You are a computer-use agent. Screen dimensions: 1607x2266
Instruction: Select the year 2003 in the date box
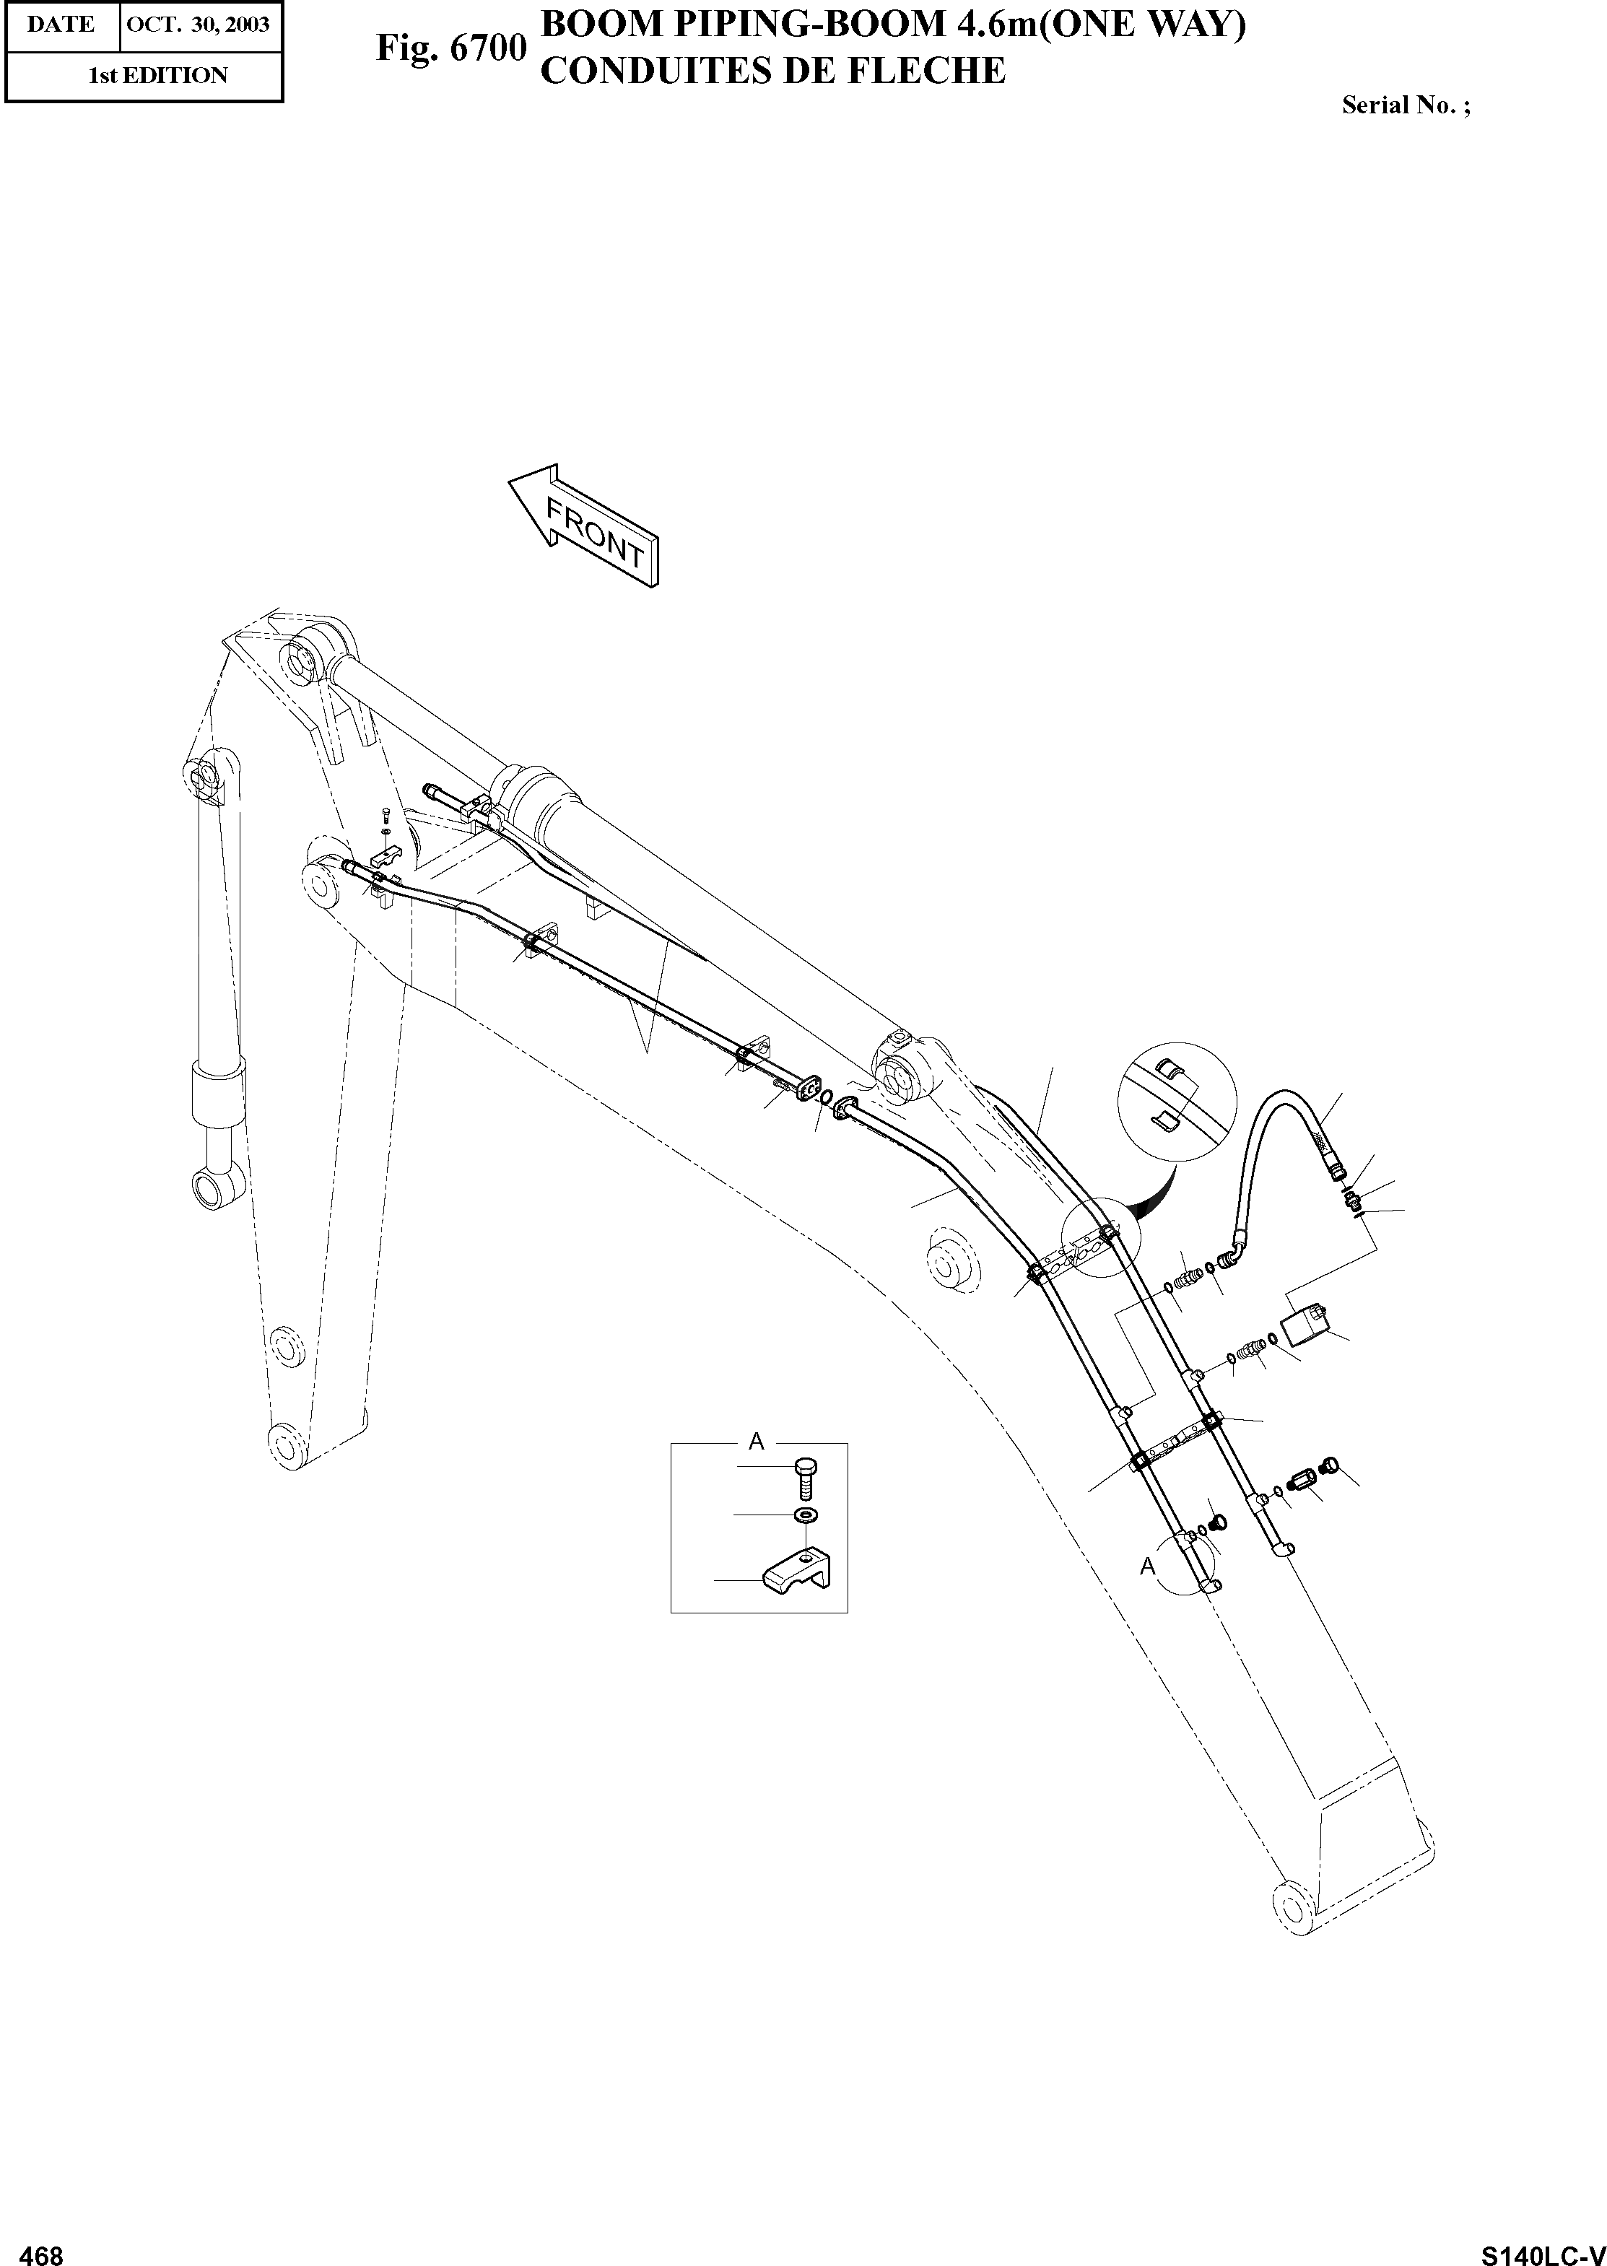click(x=248, y=24)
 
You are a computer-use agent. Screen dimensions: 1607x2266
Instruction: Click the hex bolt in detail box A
click(x=803, y=1481)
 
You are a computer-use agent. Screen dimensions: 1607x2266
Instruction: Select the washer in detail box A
click(x=807, y=1517)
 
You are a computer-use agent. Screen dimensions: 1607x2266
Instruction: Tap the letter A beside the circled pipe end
click(x=1148, y=1566)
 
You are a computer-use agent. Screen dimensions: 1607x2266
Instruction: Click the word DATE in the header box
click(x=61, y=24)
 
